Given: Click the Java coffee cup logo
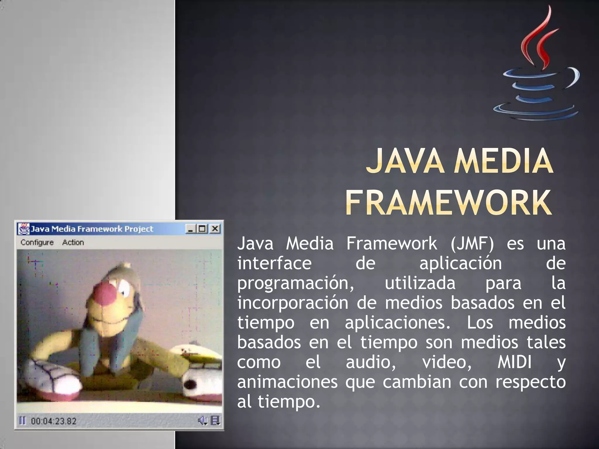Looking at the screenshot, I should (x=537, y=67).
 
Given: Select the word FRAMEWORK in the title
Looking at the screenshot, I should (x=448, y=203).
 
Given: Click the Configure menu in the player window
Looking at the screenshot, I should (x=37, y=242).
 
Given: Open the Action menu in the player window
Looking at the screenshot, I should (x=73, y=242).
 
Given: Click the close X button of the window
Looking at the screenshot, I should (x=215, y=229).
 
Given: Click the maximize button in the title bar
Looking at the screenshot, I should (x=202, y=229).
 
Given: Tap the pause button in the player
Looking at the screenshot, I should (x=22, y=421).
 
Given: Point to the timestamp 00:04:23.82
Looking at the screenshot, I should (x=54, y=421).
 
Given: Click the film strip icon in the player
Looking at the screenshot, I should (x=215, y=421).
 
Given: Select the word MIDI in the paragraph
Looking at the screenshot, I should (x=514, y=362).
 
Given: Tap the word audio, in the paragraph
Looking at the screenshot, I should (x=371, y=362).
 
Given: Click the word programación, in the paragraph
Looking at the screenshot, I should (x=295, y=283).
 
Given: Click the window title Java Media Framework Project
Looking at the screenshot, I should (x=92, y=229).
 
